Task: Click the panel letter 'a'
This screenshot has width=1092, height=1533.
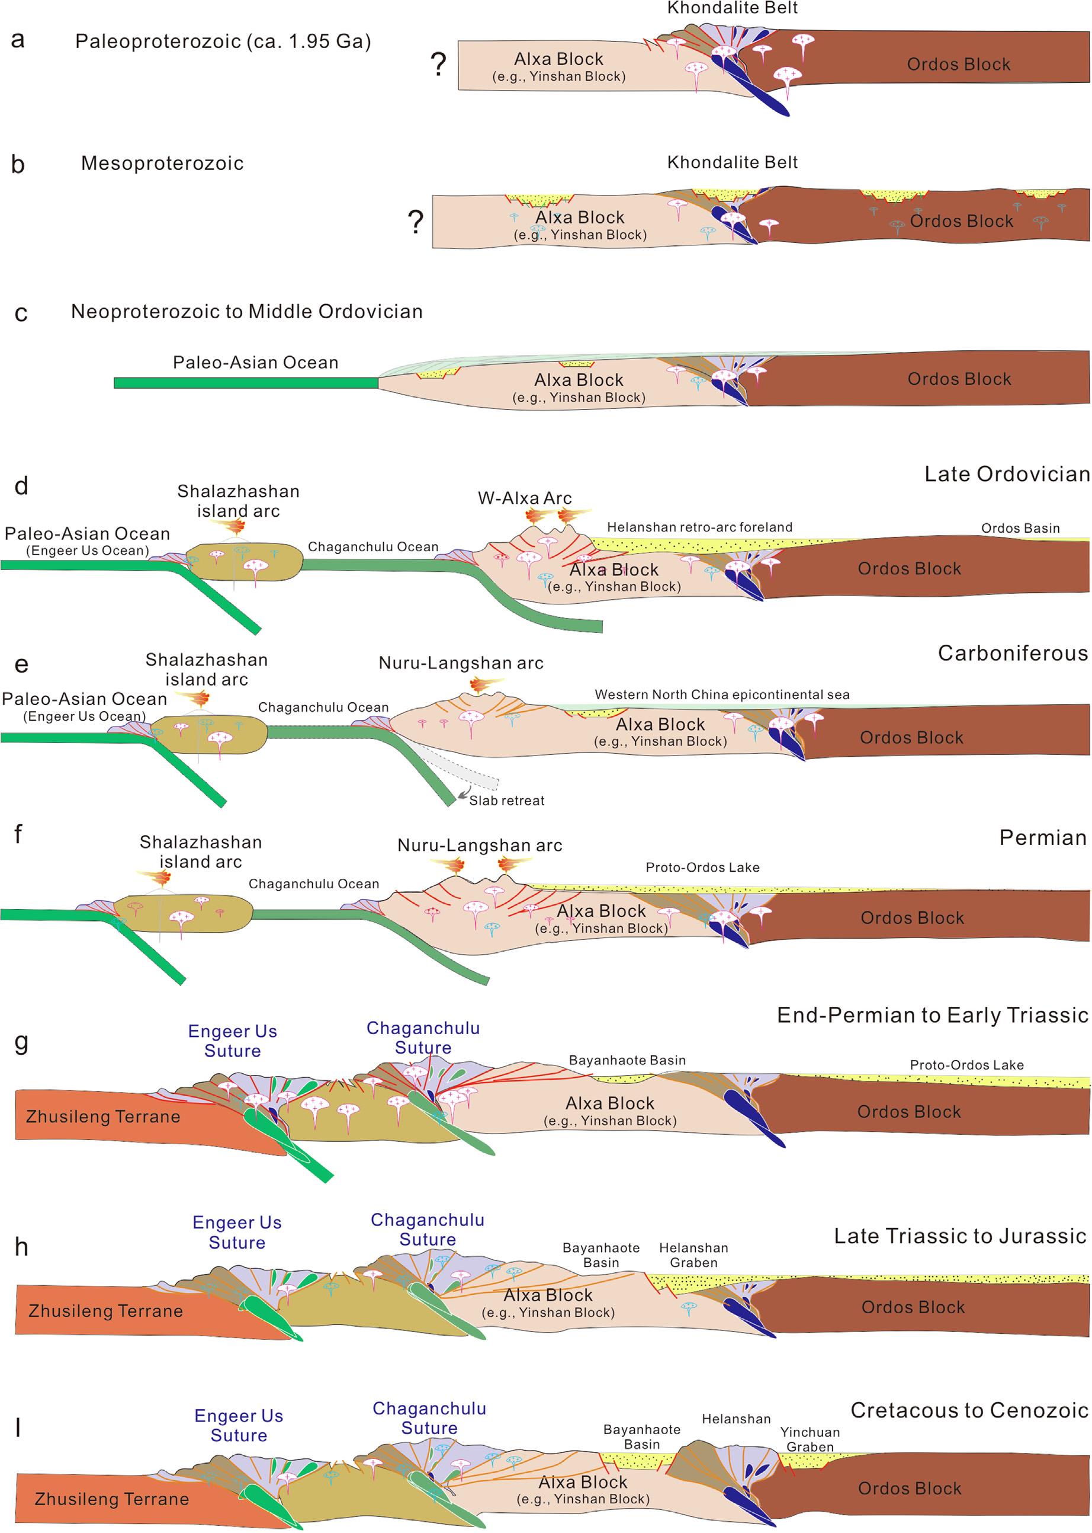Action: click(18, 40)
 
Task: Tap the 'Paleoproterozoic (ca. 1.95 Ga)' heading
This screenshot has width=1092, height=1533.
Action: click(223, 41)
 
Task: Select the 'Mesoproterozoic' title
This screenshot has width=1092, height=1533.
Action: click(162, 164)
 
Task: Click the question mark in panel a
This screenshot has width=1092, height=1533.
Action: click(438, 65)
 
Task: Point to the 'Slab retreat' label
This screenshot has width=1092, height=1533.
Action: click(506, 801)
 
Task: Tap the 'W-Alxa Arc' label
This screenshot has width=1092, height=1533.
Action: click(525, 498)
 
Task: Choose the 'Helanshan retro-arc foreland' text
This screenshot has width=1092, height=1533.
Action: click(699, 527)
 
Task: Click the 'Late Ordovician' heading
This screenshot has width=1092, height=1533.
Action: click(1007, 474)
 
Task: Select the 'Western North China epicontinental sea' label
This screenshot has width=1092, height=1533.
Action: click(721, 695)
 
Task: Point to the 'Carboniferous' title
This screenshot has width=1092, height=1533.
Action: click(1013, 653)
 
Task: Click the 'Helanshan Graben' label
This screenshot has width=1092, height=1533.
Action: click(693, 1255)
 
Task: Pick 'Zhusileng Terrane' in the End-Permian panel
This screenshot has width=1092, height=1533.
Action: click(103, 1116)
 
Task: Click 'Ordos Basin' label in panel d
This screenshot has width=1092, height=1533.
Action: click(1020, 528)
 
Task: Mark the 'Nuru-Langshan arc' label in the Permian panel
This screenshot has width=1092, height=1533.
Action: click(480, 846)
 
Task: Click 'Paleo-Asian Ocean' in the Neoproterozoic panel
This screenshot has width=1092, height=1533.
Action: click(255, 363)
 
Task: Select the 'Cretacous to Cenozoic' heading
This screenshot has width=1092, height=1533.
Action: click(969, 1410)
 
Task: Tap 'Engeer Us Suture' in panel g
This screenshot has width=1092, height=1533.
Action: click(233, 1041)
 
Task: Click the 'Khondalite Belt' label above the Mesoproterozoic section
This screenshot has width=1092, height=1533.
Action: click(733, 163)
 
